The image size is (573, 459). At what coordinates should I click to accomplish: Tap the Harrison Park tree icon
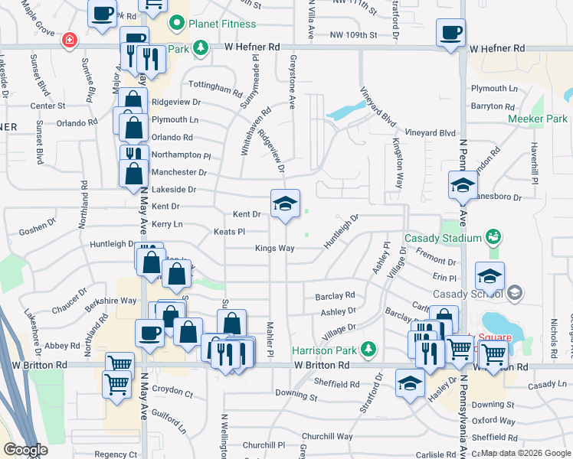pyautogui.click(x=368, y=350)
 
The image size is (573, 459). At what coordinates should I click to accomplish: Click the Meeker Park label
pyautogui.click(x=537, y=119)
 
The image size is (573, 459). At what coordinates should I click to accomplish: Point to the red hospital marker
pyautogui.click(x=70, y=39)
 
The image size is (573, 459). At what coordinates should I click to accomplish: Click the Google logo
pyautogui.click(x=25, y=450)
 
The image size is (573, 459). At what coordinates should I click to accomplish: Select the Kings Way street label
pyautogui.click(x=274, y=249)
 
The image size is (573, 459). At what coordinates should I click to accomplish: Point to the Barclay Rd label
pyautogui.click(x=335, y=295)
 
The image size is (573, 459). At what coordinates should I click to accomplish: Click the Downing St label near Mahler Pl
pyautogui.click(x=296, y=396)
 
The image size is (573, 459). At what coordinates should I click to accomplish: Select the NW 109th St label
pyautogui.click(x=353, y=35)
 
